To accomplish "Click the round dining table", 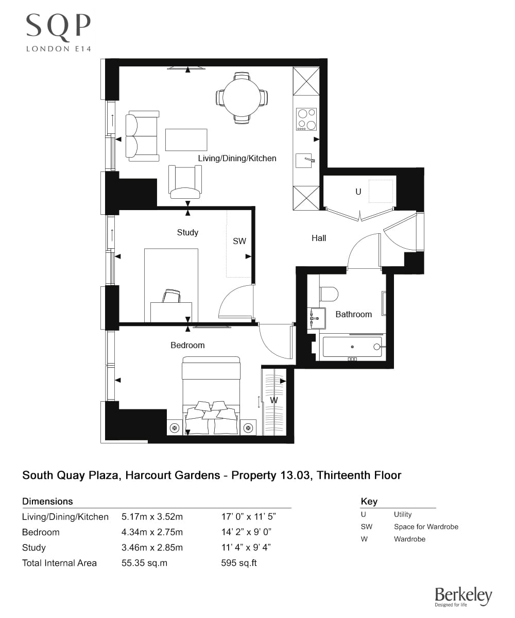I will pos(242,97).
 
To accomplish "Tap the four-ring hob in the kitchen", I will pos(306,119).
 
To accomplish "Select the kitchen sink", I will pos(306,161).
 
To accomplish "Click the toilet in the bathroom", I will pos(329,294).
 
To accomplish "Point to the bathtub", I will pos(352,347).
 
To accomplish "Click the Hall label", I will pos(319,238).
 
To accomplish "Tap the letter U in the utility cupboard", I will pos(358,192).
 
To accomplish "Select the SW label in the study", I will pos(239,241).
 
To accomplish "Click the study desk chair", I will pos(171,296).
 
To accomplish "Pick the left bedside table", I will pos(175,427).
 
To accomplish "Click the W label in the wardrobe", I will pos(274,400).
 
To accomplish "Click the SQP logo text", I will pos(59,26).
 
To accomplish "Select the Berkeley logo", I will pos(463,596).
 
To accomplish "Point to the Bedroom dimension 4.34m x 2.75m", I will pos(152,532).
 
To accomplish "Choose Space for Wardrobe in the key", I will pos(426,526).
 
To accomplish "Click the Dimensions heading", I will pos(47,501).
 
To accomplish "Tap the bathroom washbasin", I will pos(316,318).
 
